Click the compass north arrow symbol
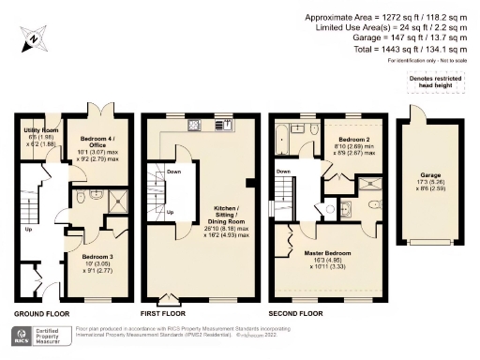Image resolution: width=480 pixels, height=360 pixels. pos(31,39)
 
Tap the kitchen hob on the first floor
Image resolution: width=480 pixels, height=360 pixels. pos(194,125)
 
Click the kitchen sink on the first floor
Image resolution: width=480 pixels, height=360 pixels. pos(225,125)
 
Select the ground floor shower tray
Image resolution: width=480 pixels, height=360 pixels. pos(119,200)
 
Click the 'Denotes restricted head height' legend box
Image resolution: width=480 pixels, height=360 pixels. pos(436,85)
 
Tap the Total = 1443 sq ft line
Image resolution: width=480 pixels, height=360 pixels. pos(412,50)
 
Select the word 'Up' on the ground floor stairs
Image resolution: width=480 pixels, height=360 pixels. pos(28,228)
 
